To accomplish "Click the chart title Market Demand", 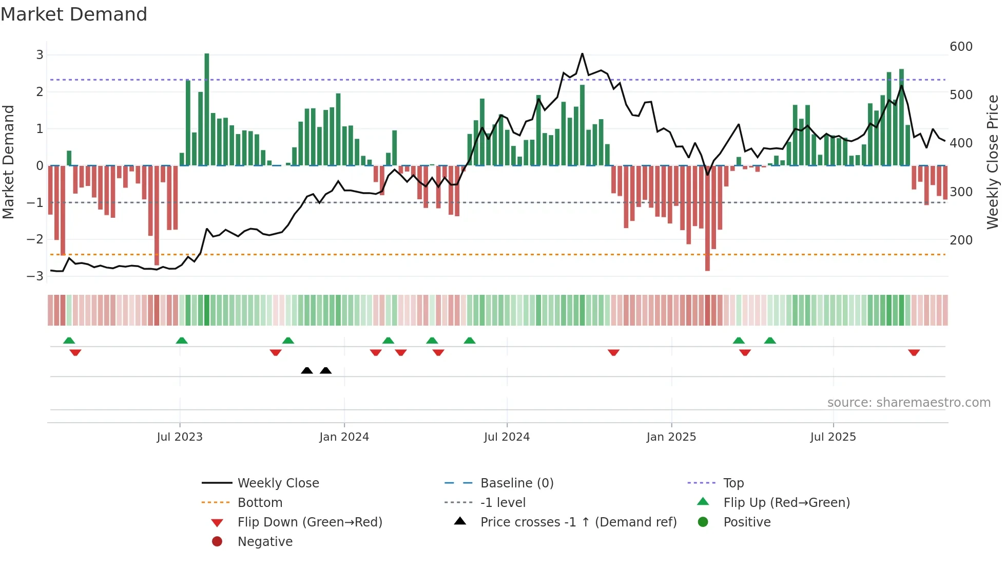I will pyautogui.click(x=74, y=14).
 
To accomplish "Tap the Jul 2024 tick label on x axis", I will pyautogui.click(x=507, y=437).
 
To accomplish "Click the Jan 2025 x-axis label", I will pyautogui.click(x=671, y=437).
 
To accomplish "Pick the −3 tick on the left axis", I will pyautogui.click(x=35, y=276).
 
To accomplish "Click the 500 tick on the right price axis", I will pyautogui.click(x=961, y=95).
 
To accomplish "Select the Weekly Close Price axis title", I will pyautogui.click(x=993, y=162).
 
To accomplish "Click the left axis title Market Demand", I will pyautogui.click(x=9, y=162).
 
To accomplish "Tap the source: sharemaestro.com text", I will pyautogui.click(x=908, y=403).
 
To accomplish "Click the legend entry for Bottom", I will pyautogui.click(x=260, y=503).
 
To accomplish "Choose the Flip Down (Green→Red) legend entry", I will pyautogui.click(x=309, y=522).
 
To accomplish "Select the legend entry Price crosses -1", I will pyautogui.click(x=578, y=522).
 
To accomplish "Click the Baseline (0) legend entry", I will pyautogui.click(x=516, y=483).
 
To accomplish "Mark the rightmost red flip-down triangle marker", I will pyautogui.click(x=914, y=352).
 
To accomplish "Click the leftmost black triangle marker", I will pyautogui.click(x=307, y=370).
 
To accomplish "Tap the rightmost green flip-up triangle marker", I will pyautogui.click(x=770, y=340).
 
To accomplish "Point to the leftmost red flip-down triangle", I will pyautogui.click(x=75, y=352).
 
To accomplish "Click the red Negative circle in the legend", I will pyautogui.click(x=217, y=542).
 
